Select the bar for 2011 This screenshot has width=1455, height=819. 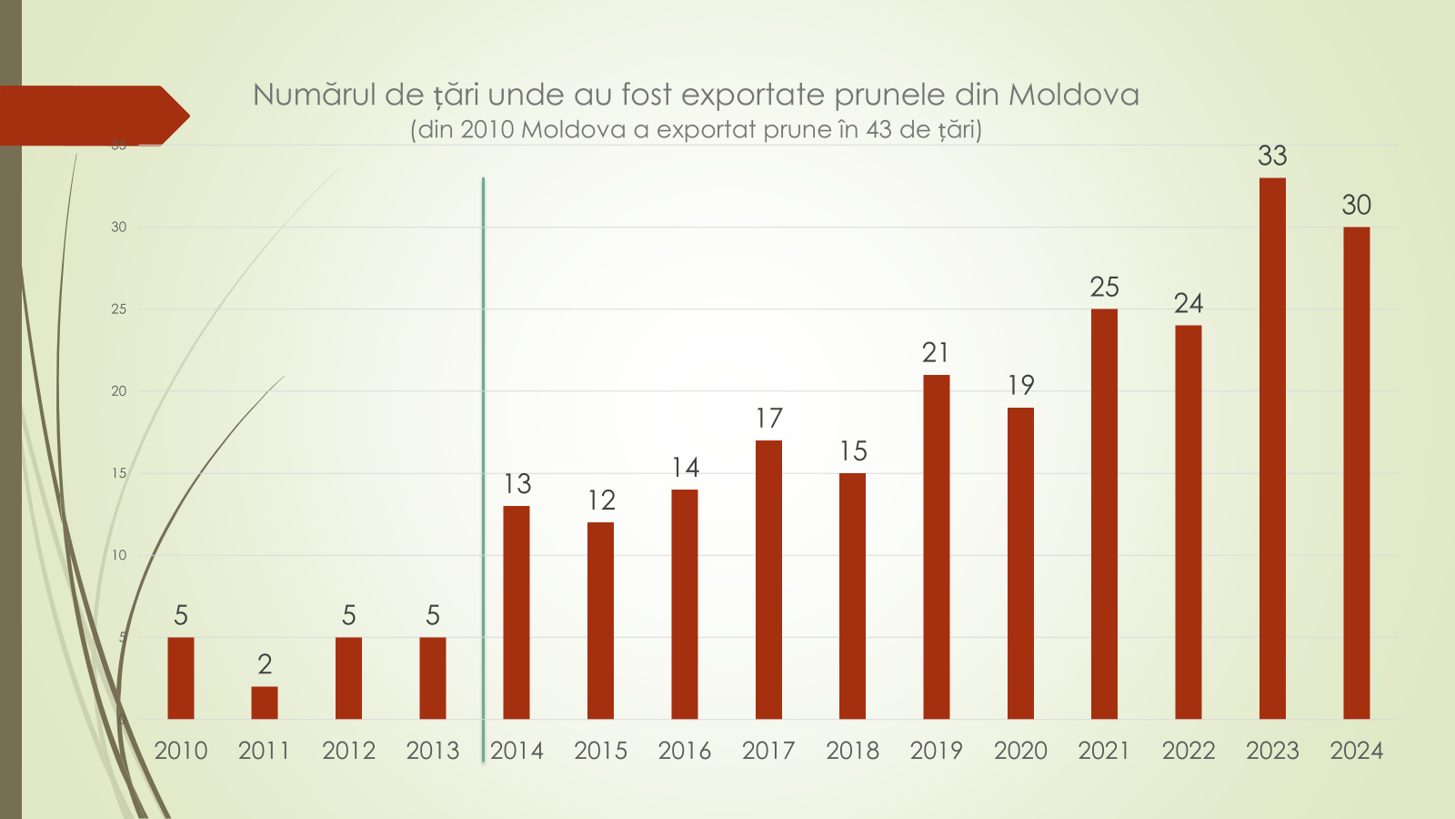[x=265, y=703]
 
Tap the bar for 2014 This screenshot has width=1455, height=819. [x=517, y=612]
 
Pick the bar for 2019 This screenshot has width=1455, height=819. [x=937, y=546]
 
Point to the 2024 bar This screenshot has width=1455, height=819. [x=1356, y=472]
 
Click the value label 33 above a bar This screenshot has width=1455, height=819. [x=1272, y=156]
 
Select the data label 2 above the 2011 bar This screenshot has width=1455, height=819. [x=265, y=664]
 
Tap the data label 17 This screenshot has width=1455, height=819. [x=768, y=419]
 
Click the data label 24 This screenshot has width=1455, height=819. [x=1188, y=303]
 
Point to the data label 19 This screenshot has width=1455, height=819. [x=1020, y=385]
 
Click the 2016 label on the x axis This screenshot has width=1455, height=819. [x=685, y=751]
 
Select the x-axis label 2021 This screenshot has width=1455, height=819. [x=1104, y=751]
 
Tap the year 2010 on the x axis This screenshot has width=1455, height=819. [x=181, y=751]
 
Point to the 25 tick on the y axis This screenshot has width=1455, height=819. [x=119, y=309]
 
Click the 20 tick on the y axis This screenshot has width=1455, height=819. [x=119, y=391]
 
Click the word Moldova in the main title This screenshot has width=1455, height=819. [x=1073, y=95]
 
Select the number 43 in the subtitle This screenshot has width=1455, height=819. [x=878, y=129]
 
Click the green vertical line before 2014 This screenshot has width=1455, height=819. [x=483, y=455]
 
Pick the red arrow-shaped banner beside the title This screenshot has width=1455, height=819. [x=91, y=116]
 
